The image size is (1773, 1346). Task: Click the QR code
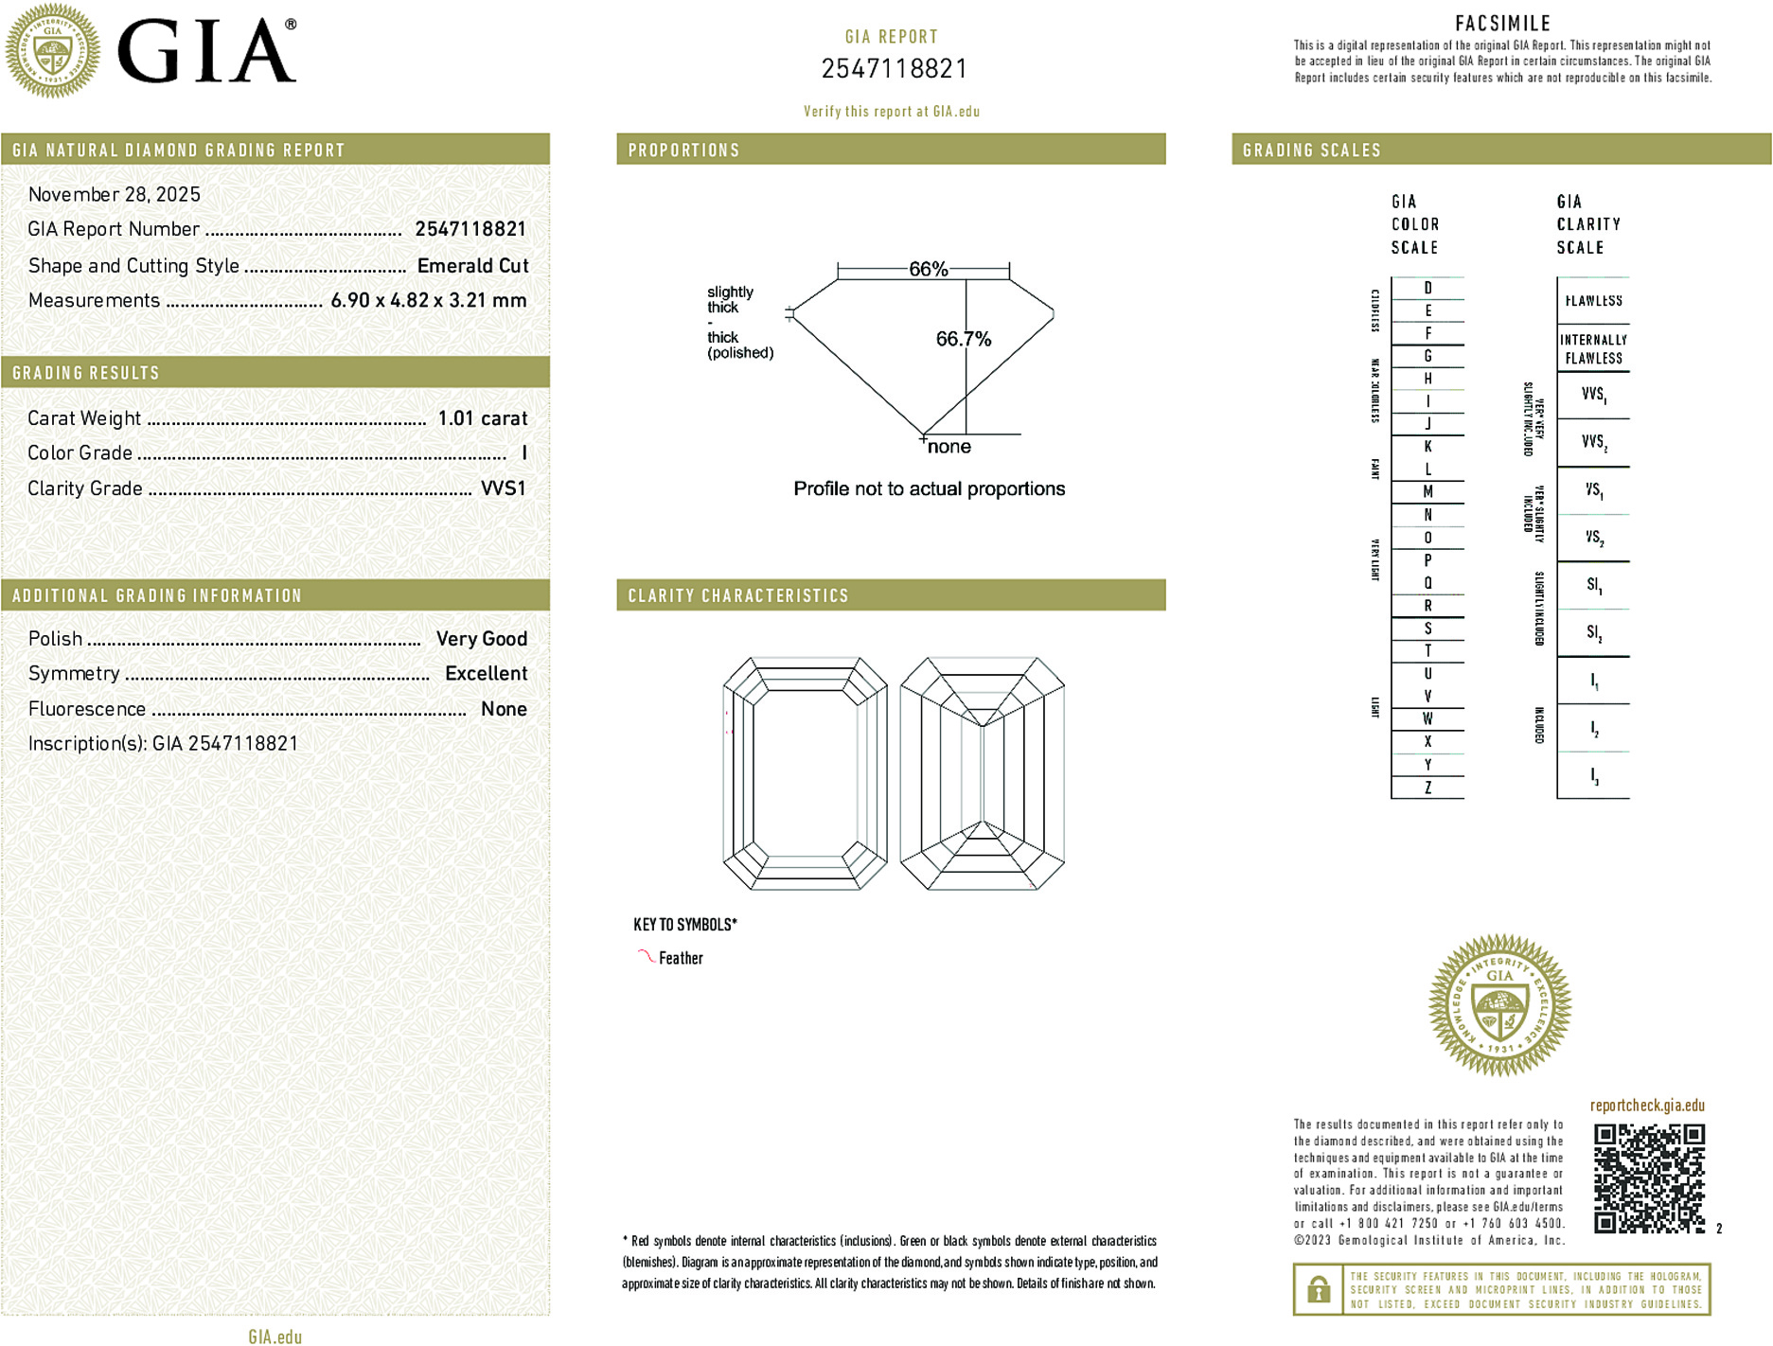[1649, 1178]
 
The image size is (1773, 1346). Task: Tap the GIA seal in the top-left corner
[53, 50]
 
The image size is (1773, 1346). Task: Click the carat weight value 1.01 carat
[482, 418]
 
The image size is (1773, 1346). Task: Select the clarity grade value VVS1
[503, 488]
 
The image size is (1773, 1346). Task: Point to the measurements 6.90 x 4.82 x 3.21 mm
[428, 301]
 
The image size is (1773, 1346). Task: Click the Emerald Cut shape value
[472, 266]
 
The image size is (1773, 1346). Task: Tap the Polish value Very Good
[481, 639]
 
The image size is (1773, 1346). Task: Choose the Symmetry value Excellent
[486, 674]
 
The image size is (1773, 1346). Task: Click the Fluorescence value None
[504, 709]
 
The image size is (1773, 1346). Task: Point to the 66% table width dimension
[928, 269]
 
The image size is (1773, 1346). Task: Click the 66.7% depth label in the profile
[963, 339]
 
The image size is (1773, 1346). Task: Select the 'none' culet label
[949, 447]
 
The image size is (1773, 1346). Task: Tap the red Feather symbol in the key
[646, 956]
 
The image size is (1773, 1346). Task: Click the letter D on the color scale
[1427, 288]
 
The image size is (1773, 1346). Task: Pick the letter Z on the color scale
[1427, 788]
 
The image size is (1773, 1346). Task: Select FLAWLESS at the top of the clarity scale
[1593, 301]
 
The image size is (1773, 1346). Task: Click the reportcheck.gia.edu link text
[1647, 1106]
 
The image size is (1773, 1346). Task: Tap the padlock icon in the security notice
[1318, 1289]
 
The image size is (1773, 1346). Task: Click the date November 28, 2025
[115, 195]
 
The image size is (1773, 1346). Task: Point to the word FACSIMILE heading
[1502, 24]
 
